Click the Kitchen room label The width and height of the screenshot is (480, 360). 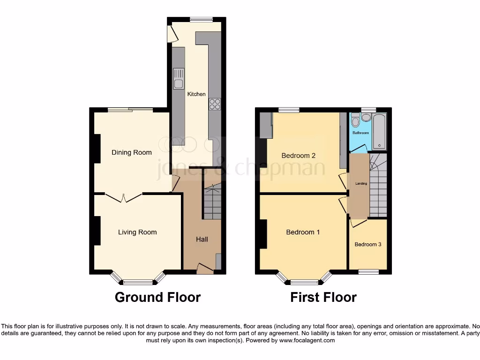[x=196, y=94]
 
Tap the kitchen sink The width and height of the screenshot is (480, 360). [x=179, y=79]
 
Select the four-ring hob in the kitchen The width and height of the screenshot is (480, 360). [x=215, y=104]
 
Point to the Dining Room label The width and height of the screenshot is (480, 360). [x=131, y=152]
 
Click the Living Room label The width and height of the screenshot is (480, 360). [x=137, y=232]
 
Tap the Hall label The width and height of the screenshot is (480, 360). [x=202, y=240]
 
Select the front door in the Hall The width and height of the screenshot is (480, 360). [x=204, y=269]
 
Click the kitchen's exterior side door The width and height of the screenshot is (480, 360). [x=172, y=33]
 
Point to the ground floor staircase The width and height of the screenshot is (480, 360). [x=212, y=202]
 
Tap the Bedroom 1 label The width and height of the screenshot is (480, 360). [x=303, y=232]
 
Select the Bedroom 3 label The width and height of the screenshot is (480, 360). [x=367, y=245]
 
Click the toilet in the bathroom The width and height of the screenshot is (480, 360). [x=355, y=120]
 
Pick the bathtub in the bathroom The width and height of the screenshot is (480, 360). [x=379, y=131]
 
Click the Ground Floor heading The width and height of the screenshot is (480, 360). [x=157, y=297]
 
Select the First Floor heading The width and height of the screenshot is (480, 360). [x=323, y=297]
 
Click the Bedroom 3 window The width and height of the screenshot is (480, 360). [x=368, y=271]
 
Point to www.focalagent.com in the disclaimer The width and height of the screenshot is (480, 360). [x=307, y=341]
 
